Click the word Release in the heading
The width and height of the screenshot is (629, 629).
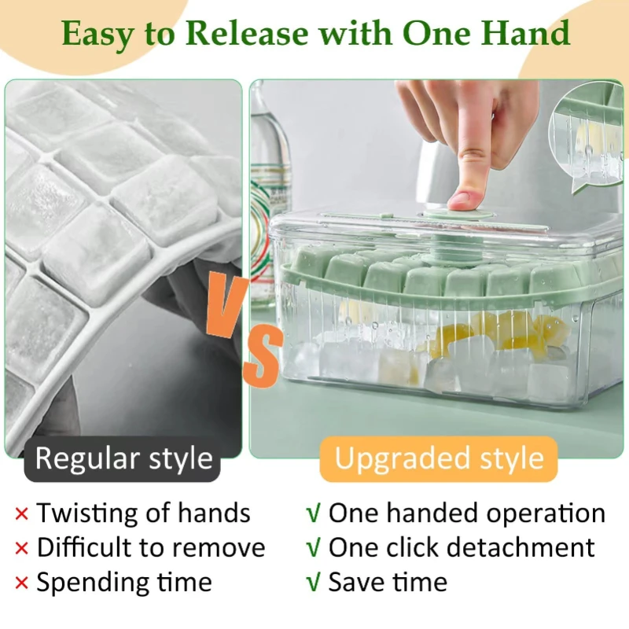pyautogui.click(x=247, y=33)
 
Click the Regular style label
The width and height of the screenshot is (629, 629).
pyautogui.click(x=123, y=458)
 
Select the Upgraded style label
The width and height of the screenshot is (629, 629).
pyautogui.click(x=439, y=458)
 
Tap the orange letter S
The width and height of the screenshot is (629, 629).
pyautogui.click(x=263, y=355)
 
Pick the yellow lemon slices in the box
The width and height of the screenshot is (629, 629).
pyautogui.click(x=502, y=332)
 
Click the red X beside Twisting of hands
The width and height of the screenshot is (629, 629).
pyautogui.click(x=21, y=513)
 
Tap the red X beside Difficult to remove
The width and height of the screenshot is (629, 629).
pyautogui.click(x=21, y=548)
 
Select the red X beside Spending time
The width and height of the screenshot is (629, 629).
pyautogui.click(x=21, y=583)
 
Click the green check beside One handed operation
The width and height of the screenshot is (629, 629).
pyautogui.click(x=313, y=513)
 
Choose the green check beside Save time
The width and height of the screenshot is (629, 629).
pyautogui.click(x=313, y=583)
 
